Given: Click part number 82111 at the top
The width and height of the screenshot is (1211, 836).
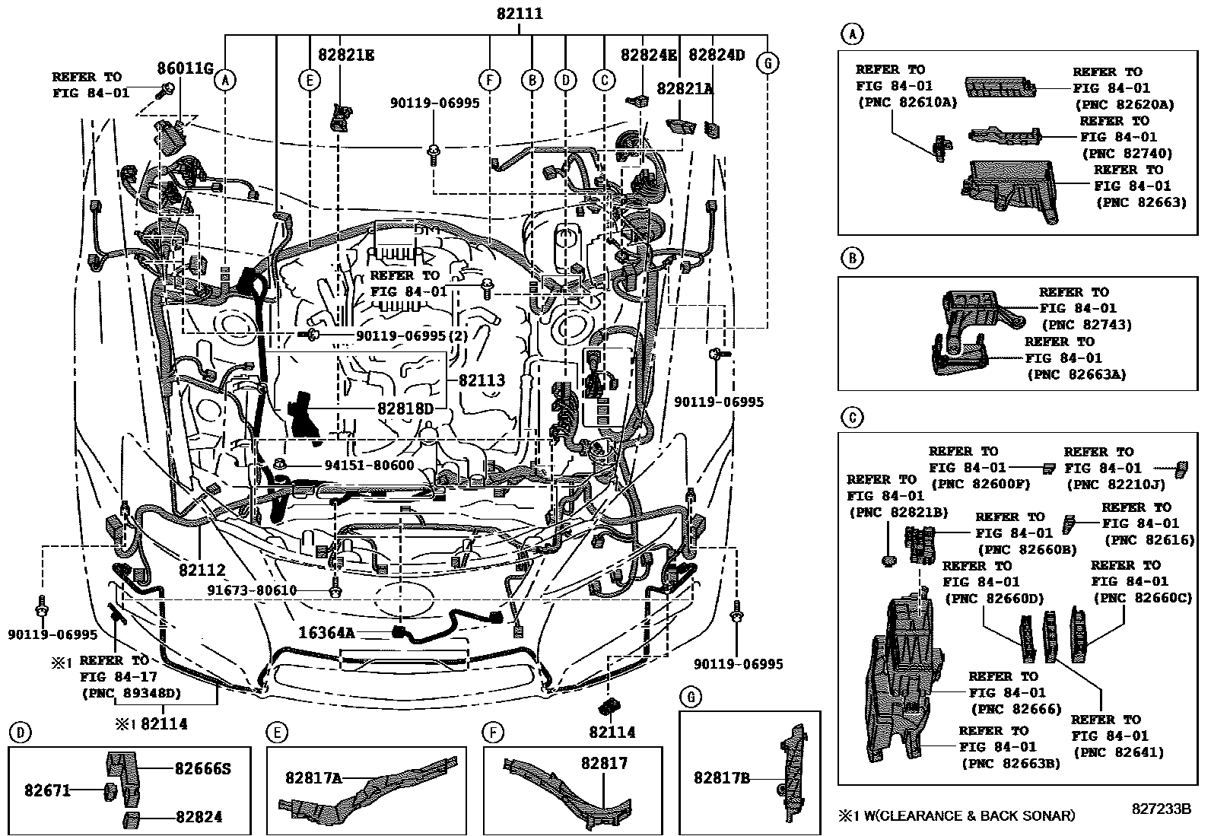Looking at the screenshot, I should pos(520,14).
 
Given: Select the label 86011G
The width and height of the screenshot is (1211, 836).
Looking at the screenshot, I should pos(185,68).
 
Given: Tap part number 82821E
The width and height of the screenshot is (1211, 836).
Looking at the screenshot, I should pos(346,55).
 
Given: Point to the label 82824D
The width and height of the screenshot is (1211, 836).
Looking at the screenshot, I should pos(717,55).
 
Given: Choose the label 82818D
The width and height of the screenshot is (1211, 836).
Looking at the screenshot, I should pos(405,408).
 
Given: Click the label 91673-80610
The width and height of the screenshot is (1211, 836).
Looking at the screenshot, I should pos(252,591).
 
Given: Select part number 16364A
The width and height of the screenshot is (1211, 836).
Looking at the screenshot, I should pos(326,633).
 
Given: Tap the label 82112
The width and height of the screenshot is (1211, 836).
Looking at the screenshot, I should pos(202,569).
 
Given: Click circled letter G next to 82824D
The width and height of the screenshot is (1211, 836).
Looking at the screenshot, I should pos(768,64).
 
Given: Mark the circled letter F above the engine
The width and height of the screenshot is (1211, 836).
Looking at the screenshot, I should pos(489,79).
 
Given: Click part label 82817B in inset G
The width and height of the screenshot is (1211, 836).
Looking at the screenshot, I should pos(722,777).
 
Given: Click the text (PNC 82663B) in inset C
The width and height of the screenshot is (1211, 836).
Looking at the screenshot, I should pos(1010,764).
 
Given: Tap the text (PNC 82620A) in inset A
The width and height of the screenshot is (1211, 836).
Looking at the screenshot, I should pos(1124,104).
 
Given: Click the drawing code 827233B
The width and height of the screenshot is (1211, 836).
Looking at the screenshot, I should pos(1159,809).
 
